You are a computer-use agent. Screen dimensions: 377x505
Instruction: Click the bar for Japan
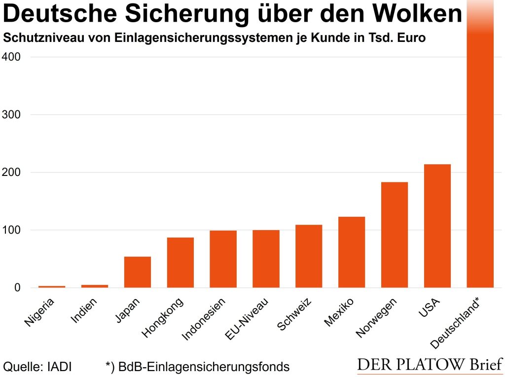click(x=138, y=272)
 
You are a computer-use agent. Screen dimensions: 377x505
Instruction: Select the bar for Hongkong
click(x=180, y=263)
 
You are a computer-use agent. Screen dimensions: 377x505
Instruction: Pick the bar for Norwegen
click(x=395, y=235)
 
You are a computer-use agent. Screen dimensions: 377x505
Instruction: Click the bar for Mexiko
click(x=352, y=252)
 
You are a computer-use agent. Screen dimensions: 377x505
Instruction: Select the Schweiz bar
click(x=309, y=256)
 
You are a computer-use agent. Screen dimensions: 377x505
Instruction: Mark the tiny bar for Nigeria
click(x=52, y=286)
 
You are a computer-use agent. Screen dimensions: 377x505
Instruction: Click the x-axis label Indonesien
click(x=204, y=319)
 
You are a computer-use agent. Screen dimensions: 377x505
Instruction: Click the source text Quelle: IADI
click(x=37, y=367)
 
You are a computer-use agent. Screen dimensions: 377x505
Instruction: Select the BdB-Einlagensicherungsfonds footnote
click(x=197, y=367)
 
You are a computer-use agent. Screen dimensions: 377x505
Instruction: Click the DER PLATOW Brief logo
click(x=429, y=366)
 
